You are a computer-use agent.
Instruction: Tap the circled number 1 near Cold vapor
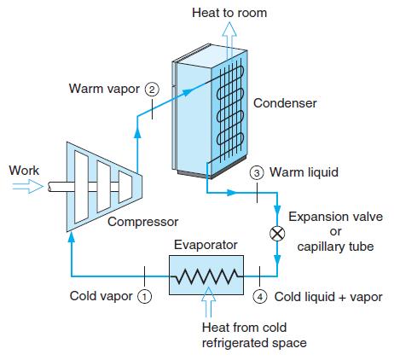[x=145, y=297]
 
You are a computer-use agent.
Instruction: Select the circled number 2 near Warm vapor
[x=152, y=89]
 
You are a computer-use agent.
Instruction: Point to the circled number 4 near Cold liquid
[x=261, y=297]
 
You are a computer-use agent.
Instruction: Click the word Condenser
[x=285, y=103]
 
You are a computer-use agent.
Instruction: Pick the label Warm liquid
[x=304, y=172]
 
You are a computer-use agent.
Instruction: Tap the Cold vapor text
[x=101, y=297]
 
